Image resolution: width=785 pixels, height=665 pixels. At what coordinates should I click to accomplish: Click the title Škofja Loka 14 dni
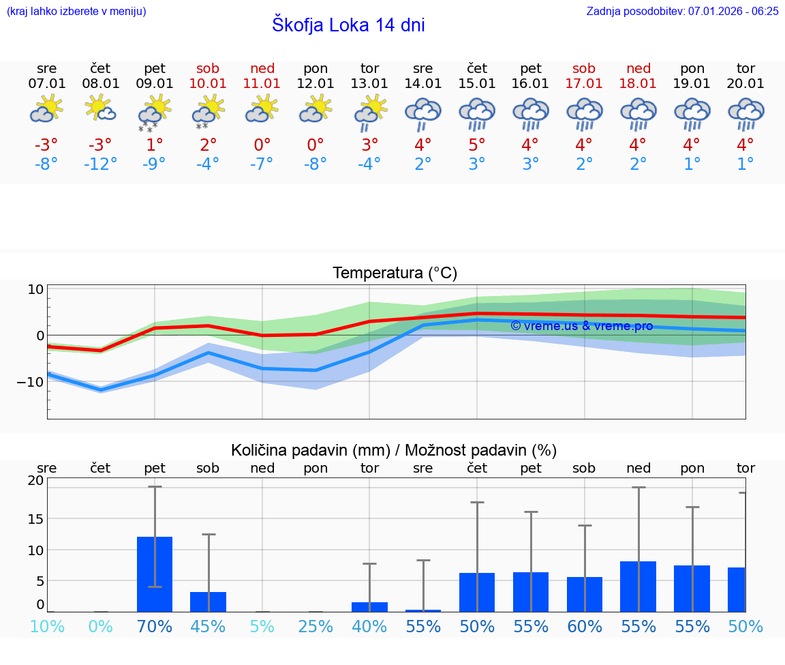348,25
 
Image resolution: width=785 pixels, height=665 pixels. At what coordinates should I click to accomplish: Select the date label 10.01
209,84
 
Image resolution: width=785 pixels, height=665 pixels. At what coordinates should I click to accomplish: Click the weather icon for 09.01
154,112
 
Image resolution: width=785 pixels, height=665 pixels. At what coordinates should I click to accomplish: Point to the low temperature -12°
100,164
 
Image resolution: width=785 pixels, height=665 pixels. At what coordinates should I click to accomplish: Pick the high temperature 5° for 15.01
476,145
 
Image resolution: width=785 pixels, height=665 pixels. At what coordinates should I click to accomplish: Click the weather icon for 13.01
369,112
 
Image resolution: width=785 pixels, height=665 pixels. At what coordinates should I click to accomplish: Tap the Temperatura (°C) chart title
395,274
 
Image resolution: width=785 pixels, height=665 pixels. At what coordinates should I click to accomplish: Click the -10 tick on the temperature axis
31,381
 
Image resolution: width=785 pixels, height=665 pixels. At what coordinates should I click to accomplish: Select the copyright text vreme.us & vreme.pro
581,326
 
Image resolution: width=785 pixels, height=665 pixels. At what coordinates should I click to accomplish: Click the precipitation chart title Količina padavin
394,450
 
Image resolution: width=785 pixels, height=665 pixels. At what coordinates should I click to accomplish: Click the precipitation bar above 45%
208,602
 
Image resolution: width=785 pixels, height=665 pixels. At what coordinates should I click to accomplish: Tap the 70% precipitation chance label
155,626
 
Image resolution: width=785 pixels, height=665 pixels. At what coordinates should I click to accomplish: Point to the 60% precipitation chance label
584,626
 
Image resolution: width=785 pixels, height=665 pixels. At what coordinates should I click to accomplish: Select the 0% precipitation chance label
100,626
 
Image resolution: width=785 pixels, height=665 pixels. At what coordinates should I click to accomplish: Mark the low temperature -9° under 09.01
154,164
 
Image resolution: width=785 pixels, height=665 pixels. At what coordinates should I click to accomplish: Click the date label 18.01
638,84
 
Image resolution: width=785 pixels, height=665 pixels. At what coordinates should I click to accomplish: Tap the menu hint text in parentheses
76,12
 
